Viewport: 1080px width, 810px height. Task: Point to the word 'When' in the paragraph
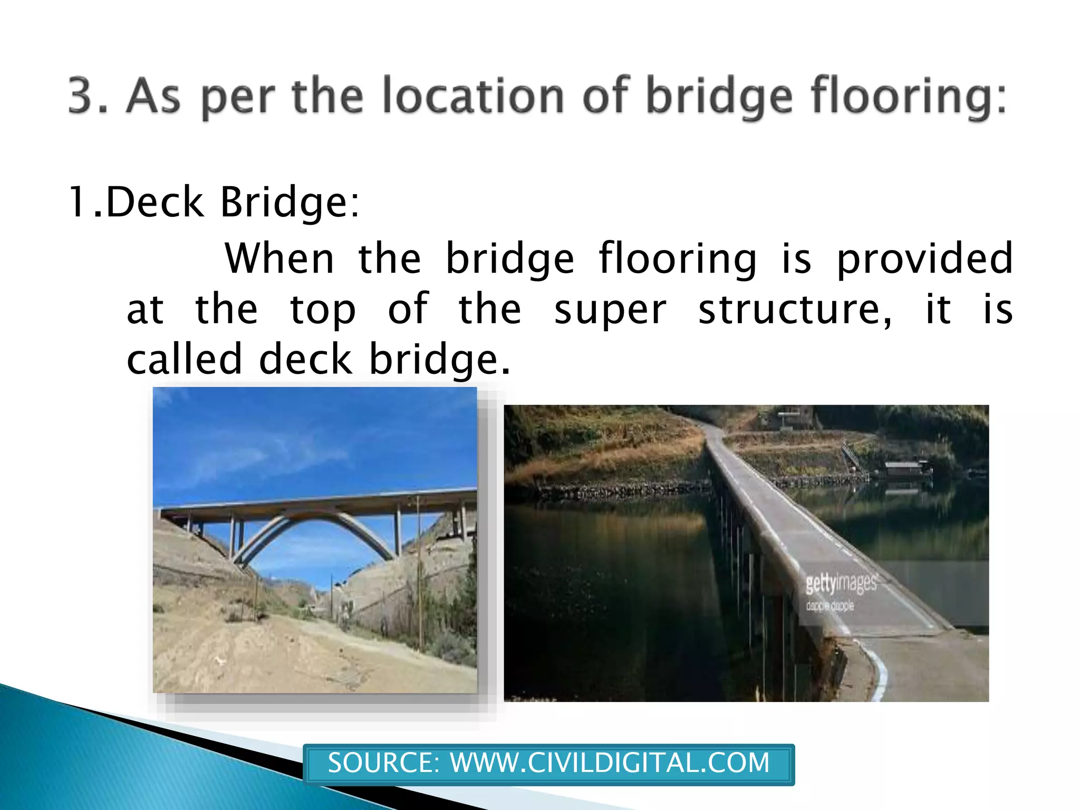pos(279,258)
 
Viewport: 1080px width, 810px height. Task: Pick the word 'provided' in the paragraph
pos(924,258)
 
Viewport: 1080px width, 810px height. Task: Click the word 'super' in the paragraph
pos(610,310)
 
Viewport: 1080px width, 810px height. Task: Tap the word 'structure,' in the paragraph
pos(795,310)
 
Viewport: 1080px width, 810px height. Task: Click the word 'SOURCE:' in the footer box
pos(383,763)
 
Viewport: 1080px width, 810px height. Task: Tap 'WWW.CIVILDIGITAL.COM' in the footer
pos(610,763)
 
